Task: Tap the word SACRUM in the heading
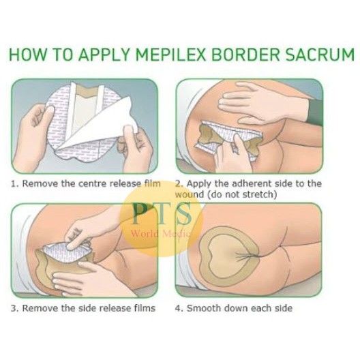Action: coord(318,55)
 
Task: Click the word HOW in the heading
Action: coord(27,55)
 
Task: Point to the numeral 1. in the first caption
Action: coord(15,184)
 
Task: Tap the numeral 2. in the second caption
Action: coord(179,184)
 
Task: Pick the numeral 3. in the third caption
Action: coord(15,308)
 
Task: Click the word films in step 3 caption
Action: coord(145,308)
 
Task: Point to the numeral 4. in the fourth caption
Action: coord(179,308)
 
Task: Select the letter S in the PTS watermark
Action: coord(183,213)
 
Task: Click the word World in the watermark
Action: coord(145,234)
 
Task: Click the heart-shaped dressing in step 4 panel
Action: coord(229,256)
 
